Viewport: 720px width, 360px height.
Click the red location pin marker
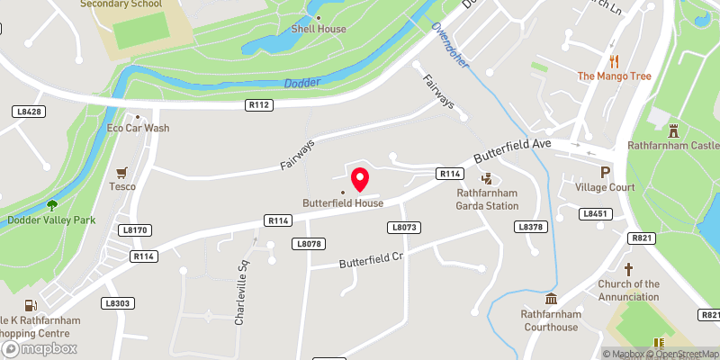tap(360, 179)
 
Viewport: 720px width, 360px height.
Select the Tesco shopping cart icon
tap(121, 172)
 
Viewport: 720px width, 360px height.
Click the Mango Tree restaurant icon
tap(615, 61)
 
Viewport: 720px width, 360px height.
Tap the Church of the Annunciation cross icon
tap(628, 269)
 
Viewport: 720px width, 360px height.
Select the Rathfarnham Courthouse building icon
tap(551, 299)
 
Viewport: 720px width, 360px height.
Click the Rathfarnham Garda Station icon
tap(487, 178)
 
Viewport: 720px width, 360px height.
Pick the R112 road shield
tap(259, 105)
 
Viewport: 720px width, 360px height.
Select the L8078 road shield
tap(307, 244)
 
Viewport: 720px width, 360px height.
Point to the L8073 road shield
tap(405, 227)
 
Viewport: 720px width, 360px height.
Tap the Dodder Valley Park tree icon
tap(51, 205)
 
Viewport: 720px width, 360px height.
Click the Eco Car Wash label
tap(138, 128)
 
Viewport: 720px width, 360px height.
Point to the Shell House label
tap(318, 29)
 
